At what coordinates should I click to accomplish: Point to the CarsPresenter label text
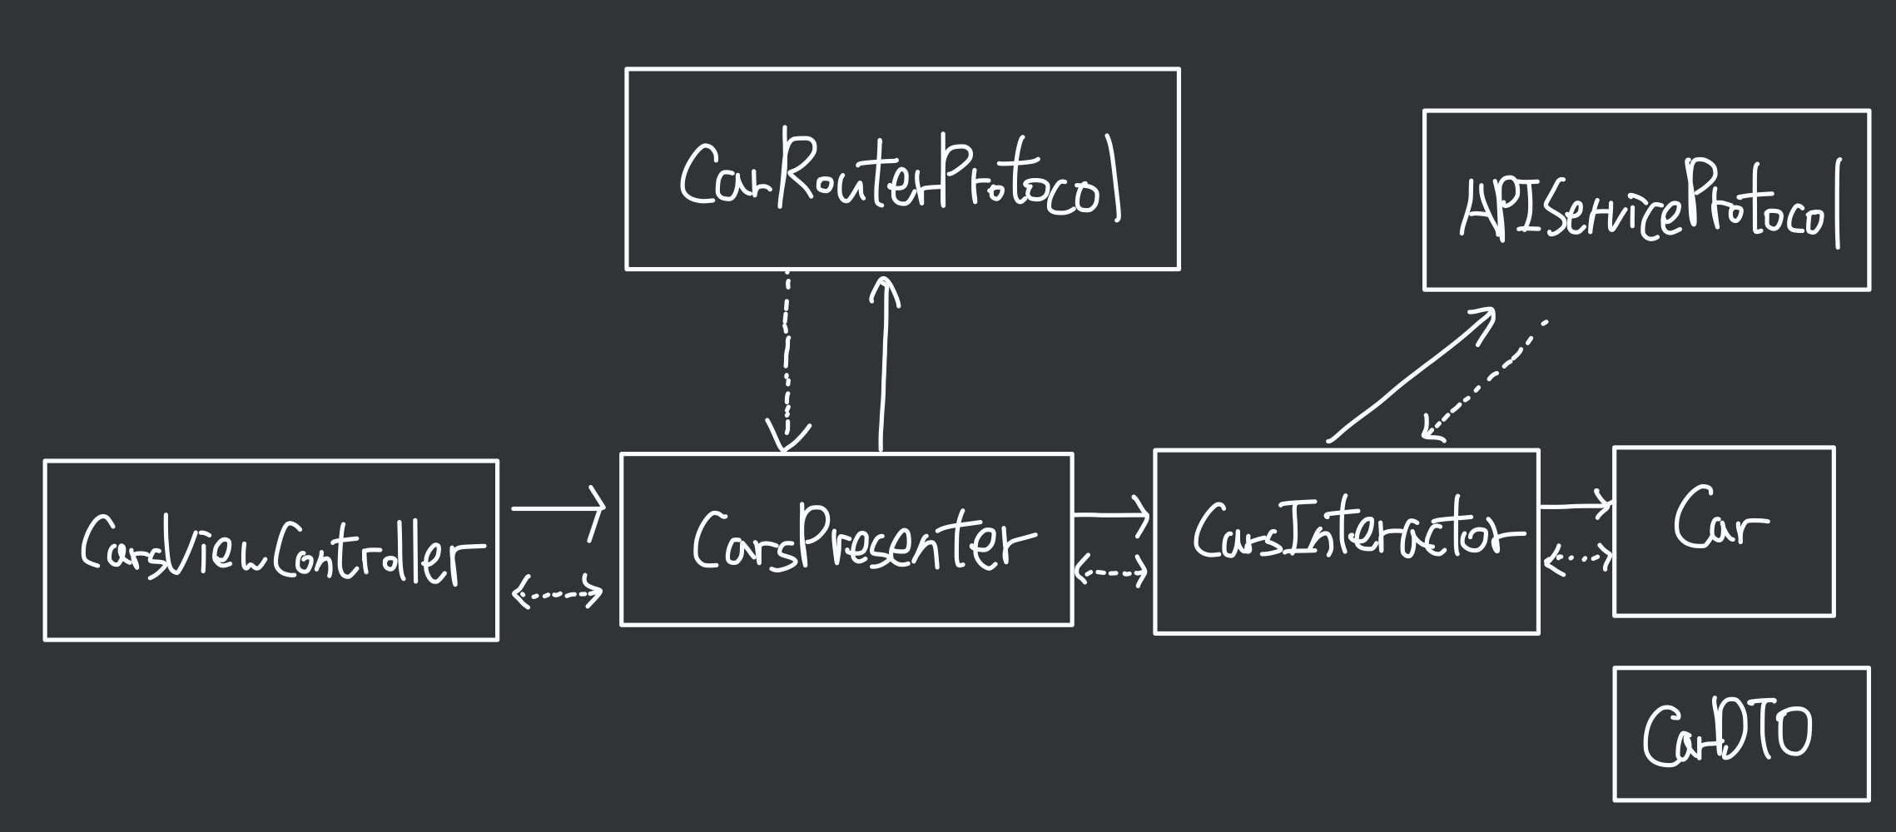[861, 541]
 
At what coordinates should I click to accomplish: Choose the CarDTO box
[1740, 734]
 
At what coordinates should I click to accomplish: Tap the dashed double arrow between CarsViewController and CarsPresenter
[557, 593]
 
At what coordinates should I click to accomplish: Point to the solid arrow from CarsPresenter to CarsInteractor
[1111, 516]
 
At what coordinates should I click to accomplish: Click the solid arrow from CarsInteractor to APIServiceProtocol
[1411, 374]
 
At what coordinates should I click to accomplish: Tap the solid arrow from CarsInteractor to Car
[1576, 505]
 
